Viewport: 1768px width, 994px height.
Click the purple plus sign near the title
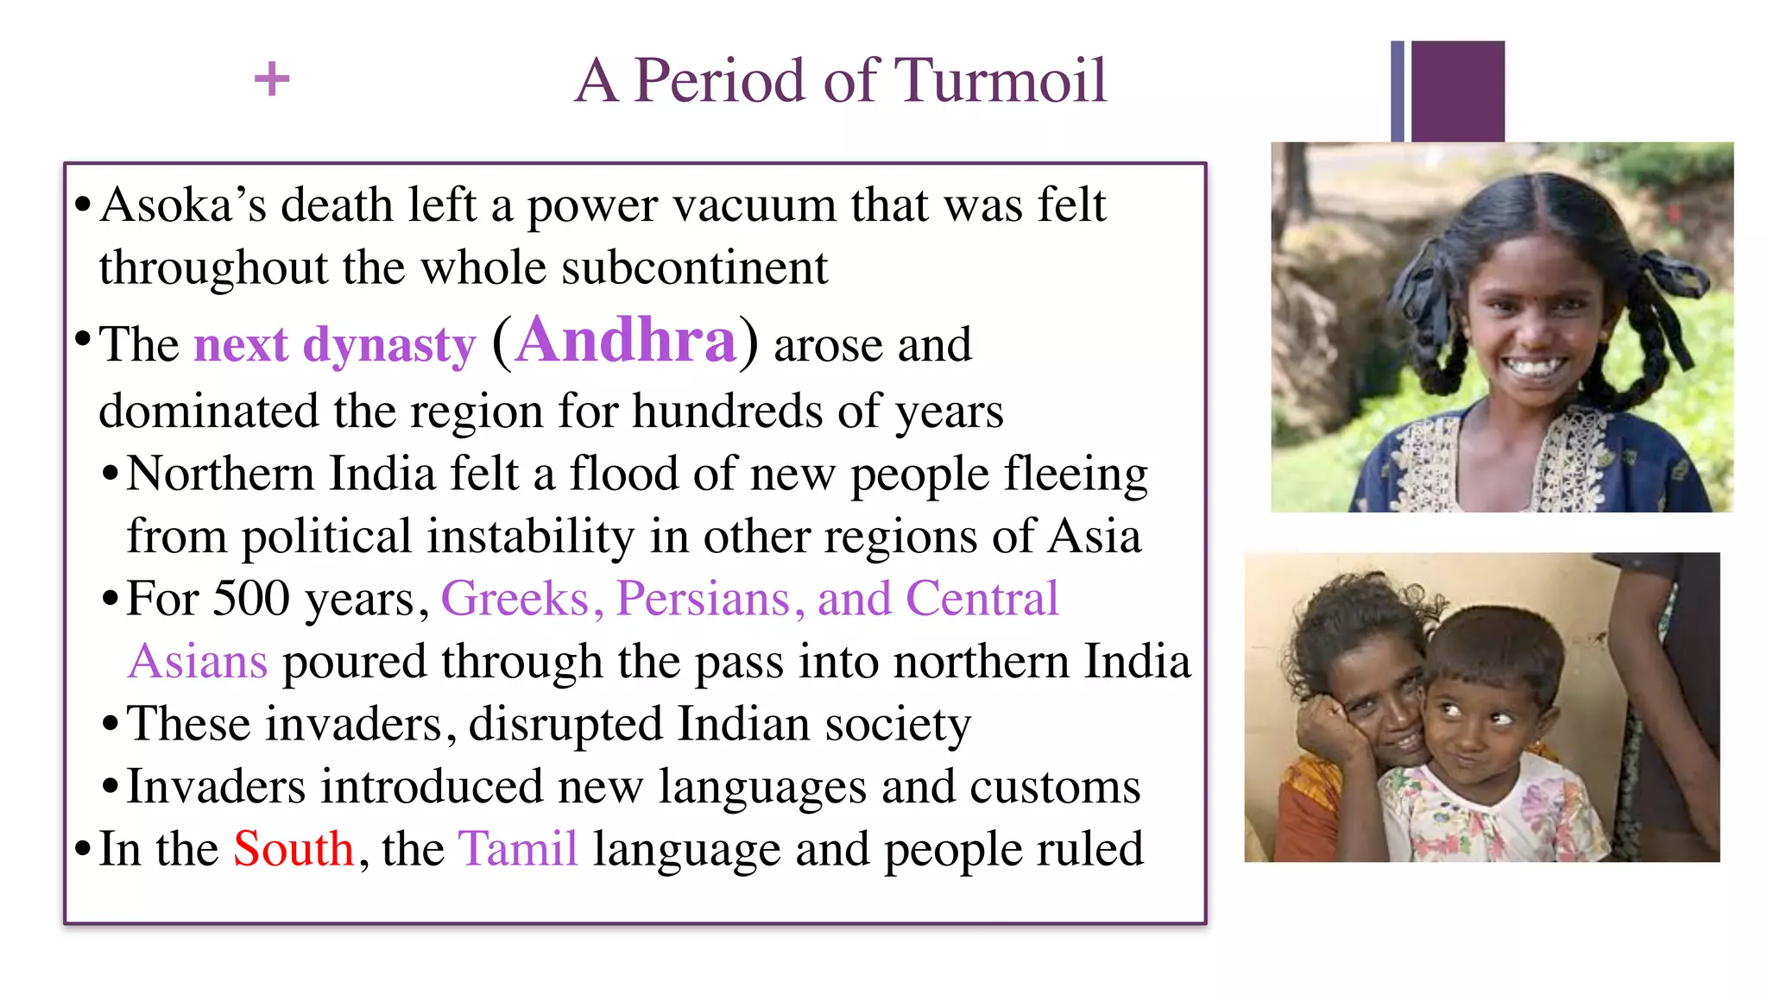click(272, 79)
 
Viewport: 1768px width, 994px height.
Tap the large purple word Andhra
click(626, 341)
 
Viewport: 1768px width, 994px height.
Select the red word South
click(294, 849)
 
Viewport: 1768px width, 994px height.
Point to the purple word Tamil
click(517, 849)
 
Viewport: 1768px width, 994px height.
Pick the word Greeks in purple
click(515, 599)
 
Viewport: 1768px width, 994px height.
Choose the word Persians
click(704, 599)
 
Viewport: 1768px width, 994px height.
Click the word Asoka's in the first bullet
click(183, 205)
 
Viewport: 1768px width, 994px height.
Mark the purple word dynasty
click(389, 345)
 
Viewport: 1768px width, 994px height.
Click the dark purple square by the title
click(1457, 91)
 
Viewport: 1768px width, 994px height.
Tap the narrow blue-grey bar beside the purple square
click(1398, 91)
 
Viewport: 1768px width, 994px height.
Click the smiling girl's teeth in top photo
click(1534, 367)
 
